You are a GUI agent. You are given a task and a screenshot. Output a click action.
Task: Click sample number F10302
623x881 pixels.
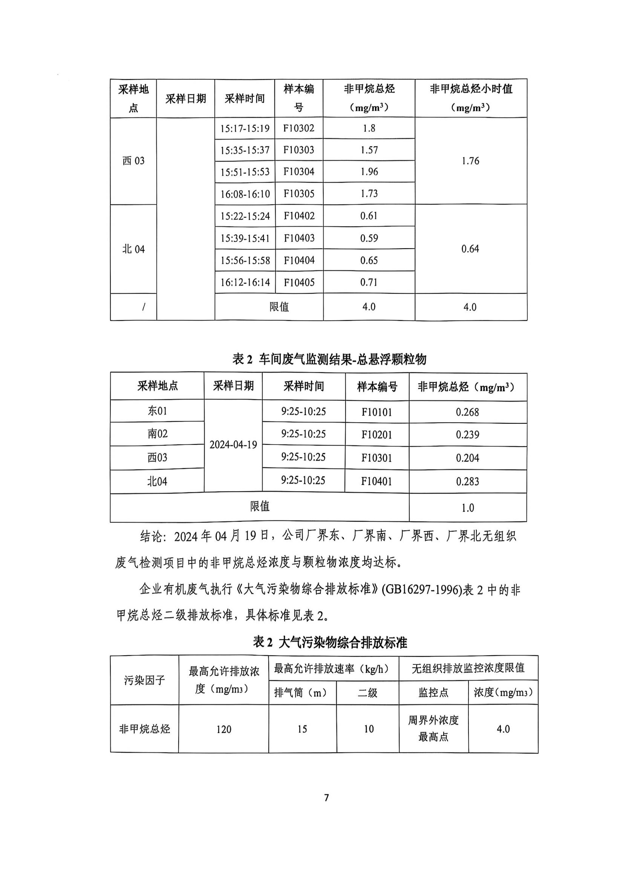coord(298,128)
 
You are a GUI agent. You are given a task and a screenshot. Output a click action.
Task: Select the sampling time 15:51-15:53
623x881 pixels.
coord(245,172)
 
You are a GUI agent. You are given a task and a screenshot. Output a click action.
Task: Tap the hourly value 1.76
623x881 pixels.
coord(470,161)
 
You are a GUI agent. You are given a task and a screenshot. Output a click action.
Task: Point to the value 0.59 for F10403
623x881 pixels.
coord(369,238)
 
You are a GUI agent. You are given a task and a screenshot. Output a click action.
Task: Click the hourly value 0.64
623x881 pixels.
coord(470,249)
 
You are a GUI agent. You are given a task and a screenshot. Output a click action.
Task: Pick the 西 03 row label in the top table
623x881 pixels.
coord(133,161)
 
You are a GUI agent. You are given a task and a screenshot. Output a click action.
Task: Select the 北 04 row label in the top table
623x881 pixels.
coord(133,249)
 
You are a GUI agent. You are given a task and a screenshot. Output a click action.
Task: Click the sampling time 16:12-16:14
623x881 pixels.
coord(245,283)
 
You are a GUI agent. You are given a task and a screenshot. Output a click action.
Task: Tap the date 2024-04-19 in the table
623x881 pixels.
coord(233,445)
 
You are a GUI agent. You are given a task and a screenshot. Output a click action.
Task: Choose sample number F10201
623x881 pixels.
coord(377,435)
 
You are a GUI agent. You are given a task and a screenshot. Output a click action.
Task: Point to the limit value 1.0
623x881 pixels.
coord(468,508)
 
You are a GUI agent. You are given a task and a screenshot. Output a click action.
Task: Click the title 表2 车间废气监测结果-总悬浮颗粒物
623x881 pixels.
coord(329,360)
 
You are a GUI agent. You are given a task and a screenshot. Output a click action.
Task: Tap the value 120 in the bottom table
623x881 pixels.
coord(223,730)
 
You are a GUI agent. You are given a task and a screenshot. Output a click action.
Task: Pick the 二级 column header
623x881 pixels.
coord(368,693)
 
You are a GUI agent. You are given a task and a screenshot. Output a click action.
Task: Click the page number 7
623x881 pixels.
coord(326,798)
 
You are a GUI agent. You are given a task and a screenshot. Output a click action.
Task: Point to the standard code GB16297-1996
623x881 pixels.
coord(421,590)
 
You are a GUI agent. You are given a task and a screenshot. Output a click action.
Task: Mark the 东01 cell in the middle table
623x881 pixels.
coord(157,411)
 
